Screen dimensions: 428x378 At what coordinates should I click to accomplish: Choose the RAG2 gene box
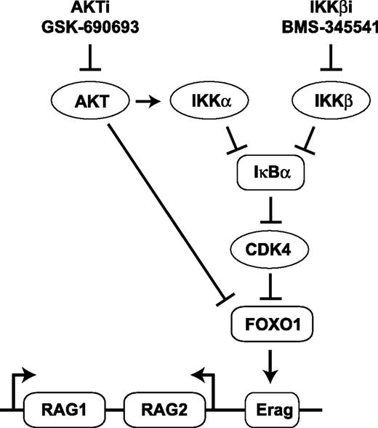pos(158,403)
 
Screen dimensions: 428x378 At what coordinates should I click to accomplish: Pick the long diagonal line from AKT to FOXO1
pos(167,211)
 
